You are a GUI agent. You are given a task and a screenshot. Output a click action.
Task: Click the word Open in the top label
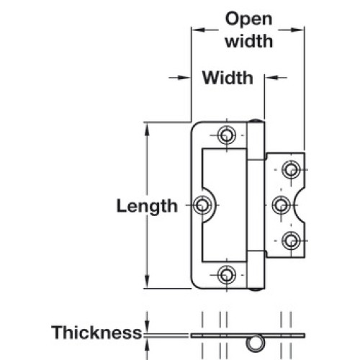click(248, 20)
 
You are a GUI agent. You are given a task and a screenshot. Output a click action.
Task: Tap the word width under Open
click(249, 41)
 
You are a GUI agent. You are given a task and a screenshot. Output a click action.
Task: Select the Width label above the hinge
click(228, 78)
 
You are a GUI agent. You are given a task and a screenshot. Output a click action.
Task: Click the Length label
click(147, 207)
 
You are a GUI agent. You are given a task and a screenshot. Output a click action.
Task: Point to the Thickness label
click(96, 333)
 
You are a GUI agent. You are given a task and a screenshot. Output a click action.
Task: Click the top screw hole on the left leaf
click(226, 135)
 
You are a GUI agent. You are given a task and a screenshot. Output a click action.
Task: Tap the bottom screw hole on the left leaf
click(226, 275)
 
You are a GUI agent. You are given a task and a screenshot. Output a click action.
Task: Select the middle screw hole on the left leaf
click(203, 205)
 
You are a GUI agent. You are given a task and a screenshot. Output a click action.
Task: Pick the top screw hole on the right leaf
click(291, 170)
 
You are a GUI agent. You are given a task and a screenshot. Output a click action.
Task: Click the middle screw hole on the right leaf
click(282, 205)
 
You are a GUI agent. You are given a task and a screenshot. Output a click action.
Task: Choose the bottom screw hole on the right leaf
click(291, 240)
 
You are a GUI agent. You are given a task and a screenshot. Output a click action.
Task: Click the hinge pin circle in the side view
click(256, 343)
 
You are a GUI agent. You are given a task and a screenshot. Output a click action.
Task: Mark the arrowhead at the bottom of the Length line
click(147, 282)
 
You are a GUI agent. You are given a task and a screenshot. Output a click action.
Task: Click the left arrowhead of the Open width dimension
click(198, 30)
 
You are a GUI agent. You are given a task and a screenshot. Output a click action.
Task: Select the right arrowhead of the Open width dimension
click(297, 30)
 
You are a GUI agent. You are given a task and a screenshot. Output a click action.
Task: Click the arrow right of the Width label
click(276, 78)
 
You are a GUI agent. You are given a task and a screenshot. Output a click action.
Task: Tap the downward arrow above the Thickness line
click(147, 323)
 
